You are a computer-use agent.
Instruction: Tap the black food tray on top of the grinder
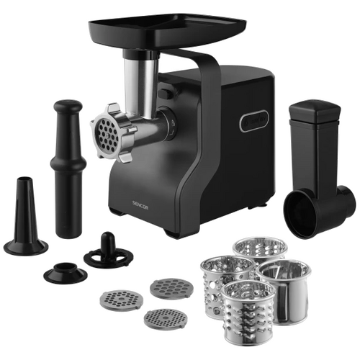point(167,30)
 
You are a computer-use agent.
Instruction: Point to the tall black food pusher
point(68,168)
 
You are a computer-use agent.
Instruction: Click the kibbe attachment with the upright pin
point(108,251)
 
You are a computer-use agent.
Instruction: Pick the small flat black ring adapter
point(66,271)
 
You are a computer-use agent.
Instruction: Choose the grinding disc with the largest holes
point(171,288)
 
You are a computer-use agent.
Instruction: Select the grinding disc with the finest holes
point(166,320)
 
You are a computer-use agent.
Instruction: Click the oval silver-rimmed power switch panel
point(254,121)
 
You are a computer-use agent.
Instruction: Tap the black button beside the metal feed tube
point(165,94)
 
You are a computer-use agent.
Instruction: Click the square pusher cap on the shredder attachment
point(315,109)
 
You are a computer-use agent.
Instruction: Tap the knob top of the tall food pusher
point(68,106)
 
